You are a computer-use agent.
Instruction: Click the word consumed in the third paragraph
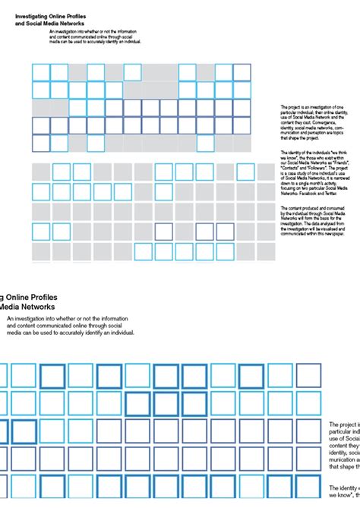click(x=339, y=207)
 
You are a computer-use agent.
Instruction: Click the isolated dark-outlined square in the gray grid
click(x=164, y=231)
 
